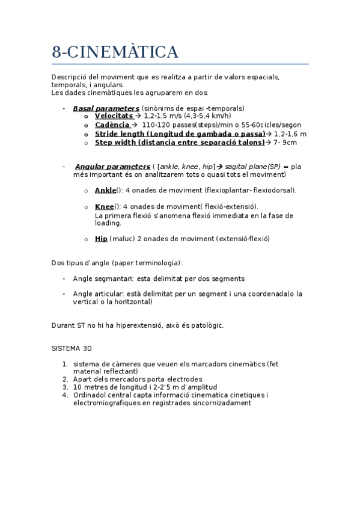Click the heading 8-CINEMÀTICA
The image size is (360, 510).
pyautogui.click(x=115, y=53)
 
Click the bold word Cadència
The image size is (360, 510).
pyautogui.click(x=112, y=125)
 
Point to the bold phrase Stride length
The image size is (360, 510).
pyautogui.click(x=120, y=134)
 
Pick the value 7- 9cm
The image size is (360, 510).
pyautogui.click(x=285, y=143)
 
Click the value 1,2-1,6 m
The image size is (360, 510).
pyautogui.click(x=290, y=134)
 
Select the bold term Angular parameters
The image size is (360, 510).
pyautogui.click(x=112, y=167)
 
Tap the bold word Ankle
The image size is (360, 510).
pyautogui.click(x=105, y=191)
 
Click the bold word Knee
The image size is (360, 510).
pyautogui.click(x=105, y=207)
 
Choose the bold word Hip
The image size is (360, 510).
pyautogui.click(x=101, y=239)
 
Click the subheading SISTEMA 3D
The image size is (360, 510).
pyautogui.click(x=72, y=349)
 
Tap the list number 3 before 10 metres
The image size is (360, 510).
pyautogui.click(x=65, y=387)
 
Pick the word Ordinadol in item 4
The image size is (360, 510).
pyautogui.click(x=92, y=395)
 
